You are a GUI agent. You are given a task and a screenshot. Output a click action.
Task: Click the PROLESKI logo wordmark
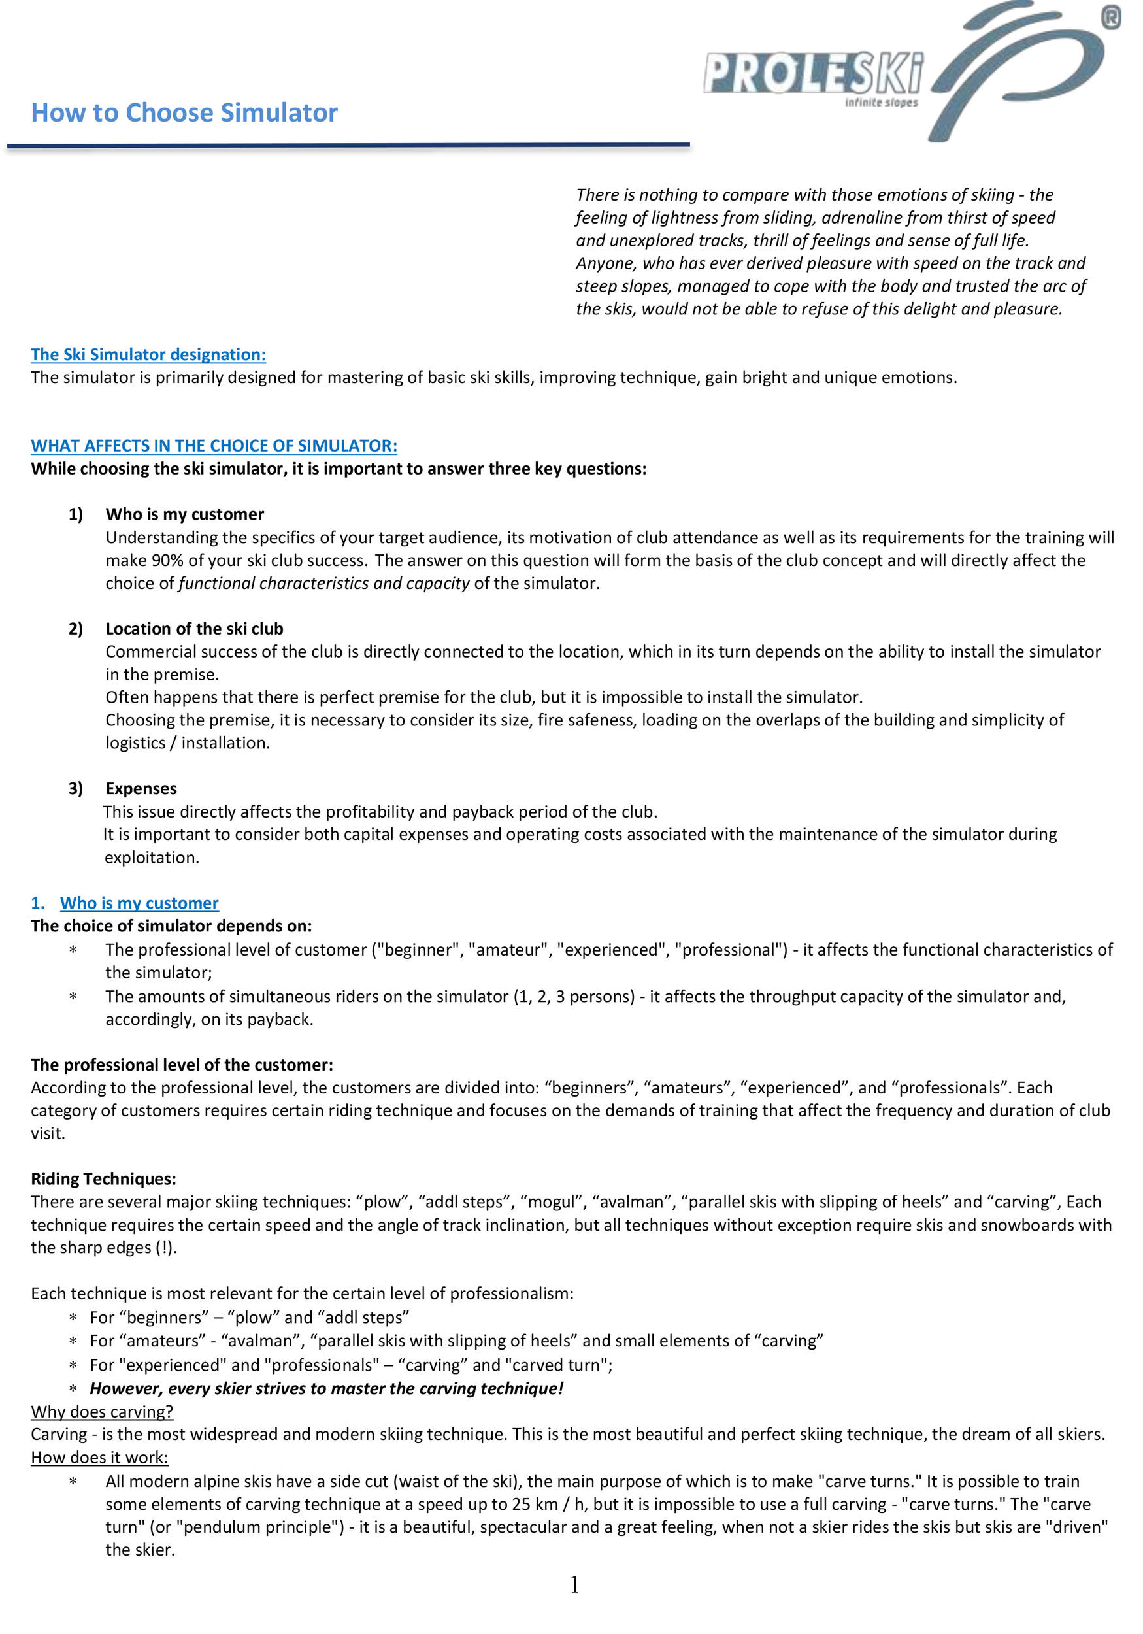[813, 73]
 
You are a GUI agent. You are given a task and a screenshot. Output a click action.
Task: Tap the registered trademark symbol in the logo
[1111, 17]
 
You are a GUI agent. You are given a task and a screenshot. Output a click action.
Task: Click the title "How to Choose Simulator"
[184, 113]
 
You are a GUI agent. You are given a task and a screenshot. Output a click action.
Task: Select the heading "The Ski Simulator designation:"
[148, 354]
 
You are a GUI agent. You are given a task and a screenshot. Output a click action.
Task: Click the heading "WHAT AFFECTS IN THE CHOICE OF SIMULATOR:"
[214, 446]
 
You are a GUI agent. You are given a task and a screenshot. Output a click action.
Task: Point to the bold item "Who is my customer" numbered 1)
[184, 514]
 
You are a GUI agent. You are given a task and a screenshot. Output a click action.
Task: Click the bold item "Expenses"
[141, 788]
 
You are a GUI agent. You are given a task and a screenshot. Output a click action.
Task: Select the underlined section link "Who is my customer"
[139, 903]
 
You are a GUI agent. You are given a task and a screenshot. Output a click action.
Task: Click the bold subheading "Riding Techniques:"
[103, 1178]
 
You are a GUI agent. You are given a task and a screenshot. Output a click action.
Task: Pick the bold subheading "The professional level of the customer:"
[182, 1064]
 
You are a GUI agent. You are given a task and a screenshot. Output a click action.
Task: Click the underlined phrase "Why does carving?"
[102, 1411]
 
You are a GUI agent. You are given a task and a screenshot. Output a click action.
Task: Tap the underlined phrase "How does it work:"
[99, 1457]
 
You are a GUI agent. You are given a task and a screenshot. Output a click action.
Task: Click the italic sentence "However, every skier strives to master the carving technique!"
[326, 1388]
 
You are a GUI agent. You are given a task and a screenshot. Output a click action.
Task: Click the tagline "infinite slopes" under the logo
[881, 103]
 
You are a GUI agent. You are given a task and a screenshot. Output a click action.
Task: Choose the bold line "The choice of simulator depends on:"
[171, 925]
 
